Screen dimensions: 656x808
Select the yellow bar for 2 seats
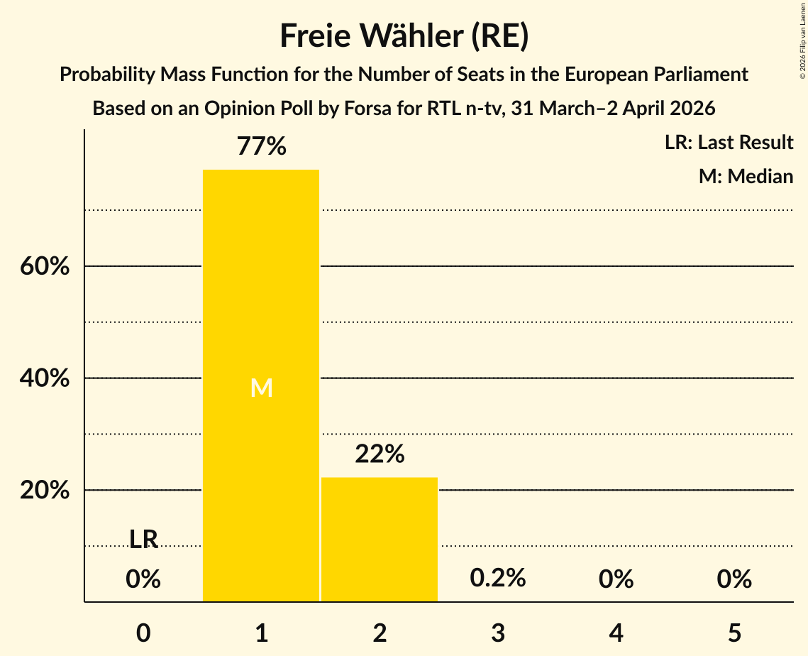[x=380, y=540]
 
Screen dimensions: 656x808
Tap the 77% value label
[x=261, y=146]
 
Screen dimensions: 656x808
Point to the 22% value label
[x=380, y=454]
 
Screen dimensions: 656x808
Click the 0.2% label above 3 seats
[x=498, y=578]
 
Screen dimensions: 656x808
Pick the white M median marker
[x=261, y=388]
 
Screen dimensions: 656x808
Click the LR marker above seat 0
[x=143, y=540]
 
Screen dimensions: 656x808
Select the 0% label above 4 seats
[x=616, y=579]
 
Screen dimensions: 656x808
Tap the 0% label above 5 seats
[x=734, y=579]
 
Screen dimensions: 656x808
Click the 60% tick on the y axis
[x=44, y=267]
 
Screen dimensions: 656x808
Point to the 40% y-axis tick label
[x=44, y=379]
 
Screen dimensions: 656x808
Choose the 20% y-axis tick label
[x=44, y=491]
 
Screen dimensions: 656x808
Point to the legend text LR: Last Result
[x=729, y=143]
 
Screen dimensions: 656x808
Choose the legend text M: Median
[x=746, y=176]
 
